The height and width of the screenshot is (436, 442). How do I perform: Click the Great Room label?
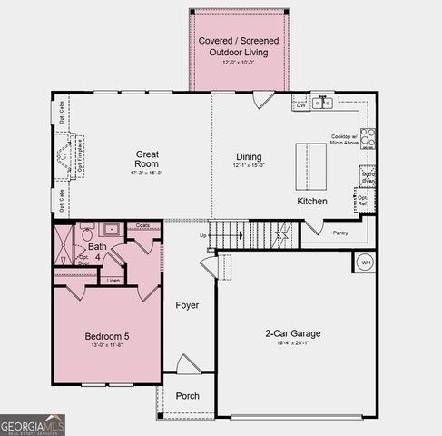[147, 159]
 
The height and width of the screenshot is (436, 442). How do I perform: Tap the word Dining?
[249, 156]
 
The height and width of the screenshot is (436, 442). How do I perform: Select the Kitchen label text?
[312, 201]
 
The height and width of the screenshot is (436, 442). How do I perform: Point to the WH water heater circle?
[367, 262]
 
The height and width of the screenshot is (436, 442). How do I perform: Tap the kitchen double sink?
[322, 104]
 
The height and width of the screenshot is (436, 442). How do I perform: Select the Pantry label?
[340, 233]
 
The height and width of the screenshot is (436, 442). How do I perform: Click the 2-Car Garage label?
[292, 332]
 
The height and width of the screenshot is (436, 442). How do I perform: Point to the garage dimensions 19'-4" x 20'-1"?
[292, 343]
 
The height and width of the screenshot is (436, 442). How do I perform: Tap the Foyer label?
[187, 305]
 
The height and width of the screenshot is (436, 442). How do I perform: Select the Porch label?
[187, 396]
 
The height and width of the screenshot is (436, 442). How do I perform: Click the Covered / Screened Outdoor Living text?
[238, 46]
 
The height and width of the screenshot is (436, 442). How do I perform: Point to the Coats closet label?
[143, 225]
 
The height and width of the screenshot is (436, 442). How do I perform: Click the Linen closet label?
[113, 281]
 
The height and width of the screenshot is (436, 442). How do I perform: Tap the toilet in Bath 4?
[86, 230]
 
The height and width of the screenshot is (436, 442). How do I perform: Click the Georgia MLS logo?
[33, 424]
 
